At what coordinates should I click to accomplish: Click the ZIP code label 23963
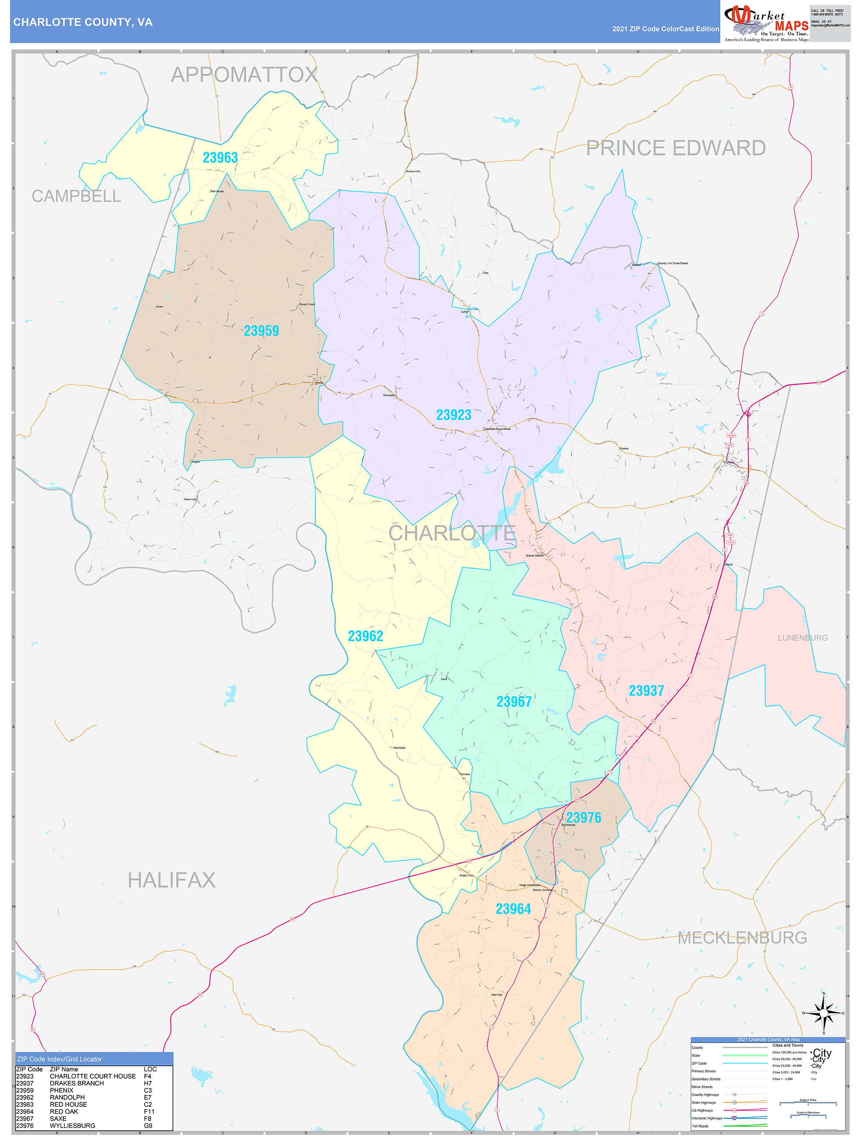[220, 158]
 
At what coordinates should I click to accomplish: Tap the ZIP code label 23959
[261, 331]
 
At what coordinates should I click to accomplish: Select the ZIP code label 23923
[454, 415]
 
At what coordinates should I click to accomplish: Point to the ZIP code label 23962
[365, 636]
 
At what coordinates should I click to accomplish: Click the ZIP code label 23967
[514, 702]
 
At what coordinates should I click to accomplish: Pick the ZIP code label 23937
[646, 691]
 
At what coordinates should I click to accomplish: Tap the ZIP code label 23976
[584, 817]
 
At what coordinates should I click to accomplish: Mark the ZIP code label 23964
[513, 909]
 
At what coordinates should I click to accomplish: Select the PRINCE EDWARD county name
[676, 148]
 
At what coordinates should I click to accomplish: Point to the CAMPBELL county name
[76, 196]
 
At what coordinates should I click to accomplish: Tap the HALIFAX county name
[172, 880]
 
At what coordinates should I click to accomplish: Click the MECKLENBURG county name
[742, 938]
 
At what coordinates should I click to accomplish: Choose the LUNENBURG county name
[803, 638]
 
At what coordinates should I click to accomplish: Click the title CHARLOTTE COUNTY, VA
[83, 22]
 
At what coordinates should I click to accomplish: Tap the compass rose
[823, 1013]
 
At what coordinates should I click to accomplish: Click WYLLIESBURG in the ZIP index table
[72, 1125]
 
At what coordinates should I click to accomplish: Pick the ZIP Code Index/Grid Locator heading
[59, 1059]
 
